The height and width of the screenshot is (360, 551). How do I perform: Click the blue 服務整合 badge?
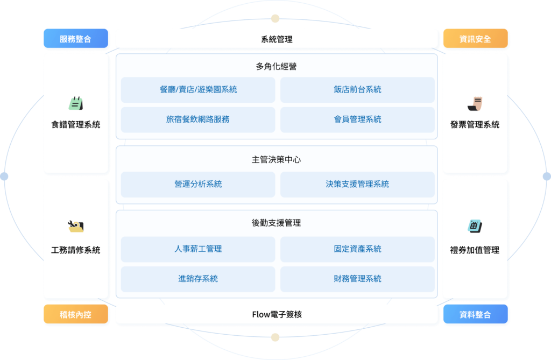(x=75, y=38)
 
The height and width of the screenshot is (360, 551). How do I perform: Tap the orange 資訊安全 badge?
(x=475, y=38)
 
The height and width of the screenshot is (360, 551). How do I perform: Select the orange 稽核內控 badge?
(x=75, y=314)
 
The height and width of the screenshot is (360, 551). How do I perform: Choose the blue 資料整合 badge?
(x=475, y=314)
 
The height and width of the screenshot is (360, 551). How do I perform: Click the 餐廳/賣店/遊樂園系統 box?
(x=198, y=90)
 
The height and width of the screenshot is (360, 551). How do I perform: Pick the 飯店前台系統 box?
(x=357, y=90)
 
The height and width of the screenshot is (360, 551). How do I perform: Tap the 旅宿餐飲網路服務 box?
(x=198, y=119)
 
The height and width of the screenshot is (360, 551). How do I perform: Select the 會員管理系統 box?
(x=357, y=119)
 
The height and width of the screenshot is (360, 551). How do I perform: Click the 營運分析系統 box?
(x=198, y=184)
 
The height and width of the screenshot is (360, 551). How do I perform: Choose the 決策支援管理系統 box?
(x=357, y=184)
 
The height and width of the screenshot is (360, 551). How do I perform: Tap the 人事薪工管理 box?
(x=198, y=249)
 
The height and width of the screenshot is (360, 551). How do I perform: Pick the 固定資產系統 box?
(x=357, y=249)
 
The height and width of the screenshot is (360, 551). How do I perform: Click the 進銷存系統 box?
(x=198, y=279)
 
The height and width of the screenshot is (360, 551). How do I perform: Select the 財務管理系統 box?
(x=357, y=279)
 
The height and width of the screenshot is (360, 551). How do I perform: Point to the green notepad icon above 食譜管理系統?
(x=76, y=103)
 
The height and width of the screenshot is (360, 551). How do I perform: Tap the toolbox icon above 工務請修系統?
(x=75, y=226)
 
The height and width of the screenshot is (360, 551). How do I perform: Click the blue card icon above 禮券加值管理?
(x=475, y=226)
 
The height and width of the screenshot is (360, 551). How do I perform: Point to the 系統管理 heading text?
(x=277, y=39)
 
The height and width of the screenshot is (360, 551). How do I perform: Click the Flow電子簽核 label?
(x=277, y=314)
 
